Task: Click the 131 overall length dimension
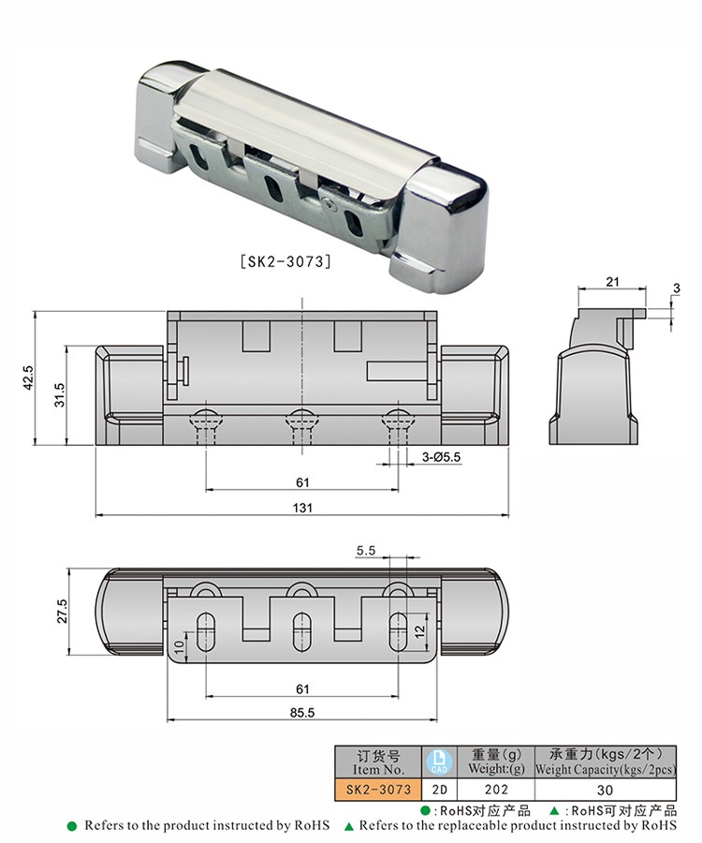pyautogui.click(x=302, y=508)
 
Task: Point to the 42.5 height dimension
pyautogui.click(x=28, y=377)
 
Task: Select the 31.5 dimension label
pyautogui.click(x=59, y=394)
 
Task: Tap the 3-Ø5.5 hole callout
pyautogui.click(x=441, y=457)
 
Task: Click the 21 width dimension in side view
pyautogui.click(x=612, y=282)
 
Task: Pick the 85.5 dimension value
pyautogui.click(x=301, y=713)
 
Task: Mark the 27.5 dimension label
pyautogui.click(x=63, y=612)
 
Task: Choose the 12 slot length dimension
pyautogui.click(x=419, y=630)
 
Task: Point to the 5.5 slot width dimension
pyautogui.click(x=366, y=551)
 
